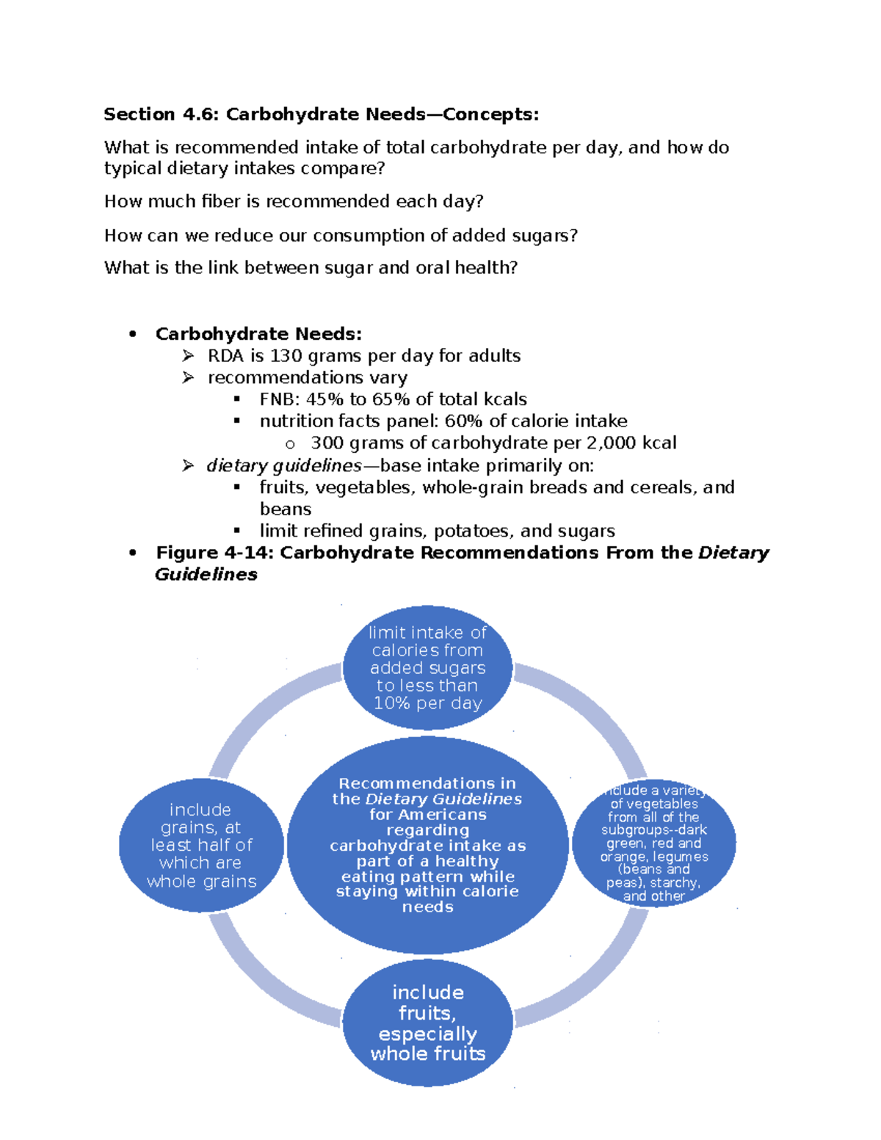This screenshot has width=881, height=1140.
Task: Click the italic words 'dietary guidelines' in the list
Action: click(283, 466)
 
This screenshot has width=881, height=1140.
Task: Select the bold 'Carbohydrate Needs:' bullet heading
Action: click(258, 335)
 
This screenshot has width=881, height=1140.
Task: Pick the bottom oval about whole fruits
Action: click(427, 1023)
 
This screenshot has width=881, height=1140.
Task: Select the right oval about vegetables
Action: click(653, 843)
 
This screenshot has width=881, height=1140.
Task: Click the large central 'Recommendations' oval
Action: click(427, 845)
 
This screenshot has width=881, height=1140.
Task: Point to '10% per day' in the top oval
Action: click(427, 703)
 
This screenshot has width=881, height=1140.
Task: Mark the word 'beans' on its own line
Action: click(286, 509)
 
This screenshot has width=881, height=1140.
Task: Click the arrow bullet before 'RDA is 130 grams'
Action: click(189, 357)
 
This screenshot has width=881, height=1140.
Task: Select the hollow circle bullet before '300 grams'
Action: click(290, 444)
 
